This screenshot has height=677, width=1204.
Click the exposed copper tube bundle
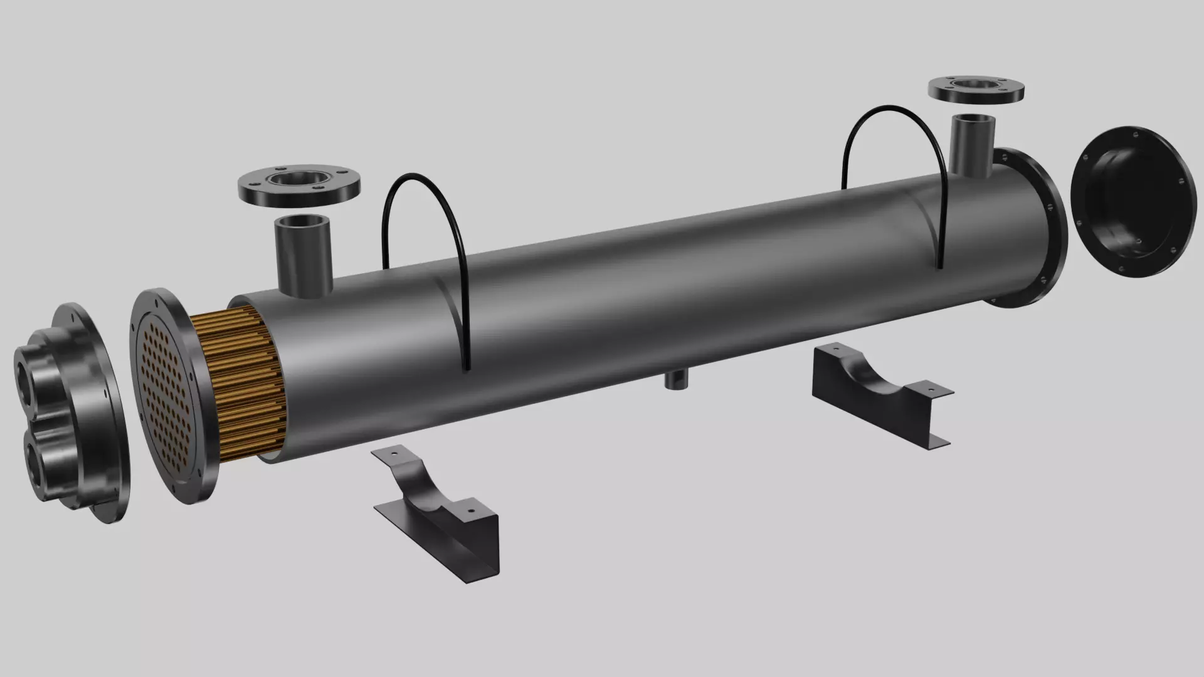(245, 382)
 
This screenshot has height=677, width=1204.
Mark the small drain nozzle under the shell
(675, 380)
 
